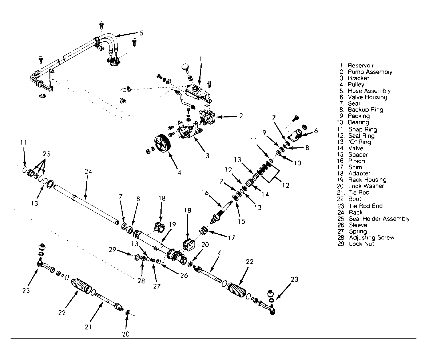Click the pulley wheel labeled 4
(162, 143)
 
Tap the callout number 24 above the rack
(88, 172)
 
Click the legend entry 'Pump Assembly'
(370, 72)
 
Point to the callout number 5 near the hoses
(141, 33)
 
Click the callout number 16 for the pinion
(205, 193)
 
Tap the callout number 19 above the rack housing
(172, 225)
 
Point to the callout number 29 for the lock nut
(112, 249)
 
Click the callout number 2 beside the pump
(241, 116)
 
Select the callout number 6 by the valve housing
(316, 131)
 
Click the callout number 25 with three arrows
(46, 154)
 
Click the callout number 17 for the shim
(231, 238)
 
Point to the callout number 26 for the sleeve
(184, 275)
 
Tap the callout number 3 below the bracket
(207, 156)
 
